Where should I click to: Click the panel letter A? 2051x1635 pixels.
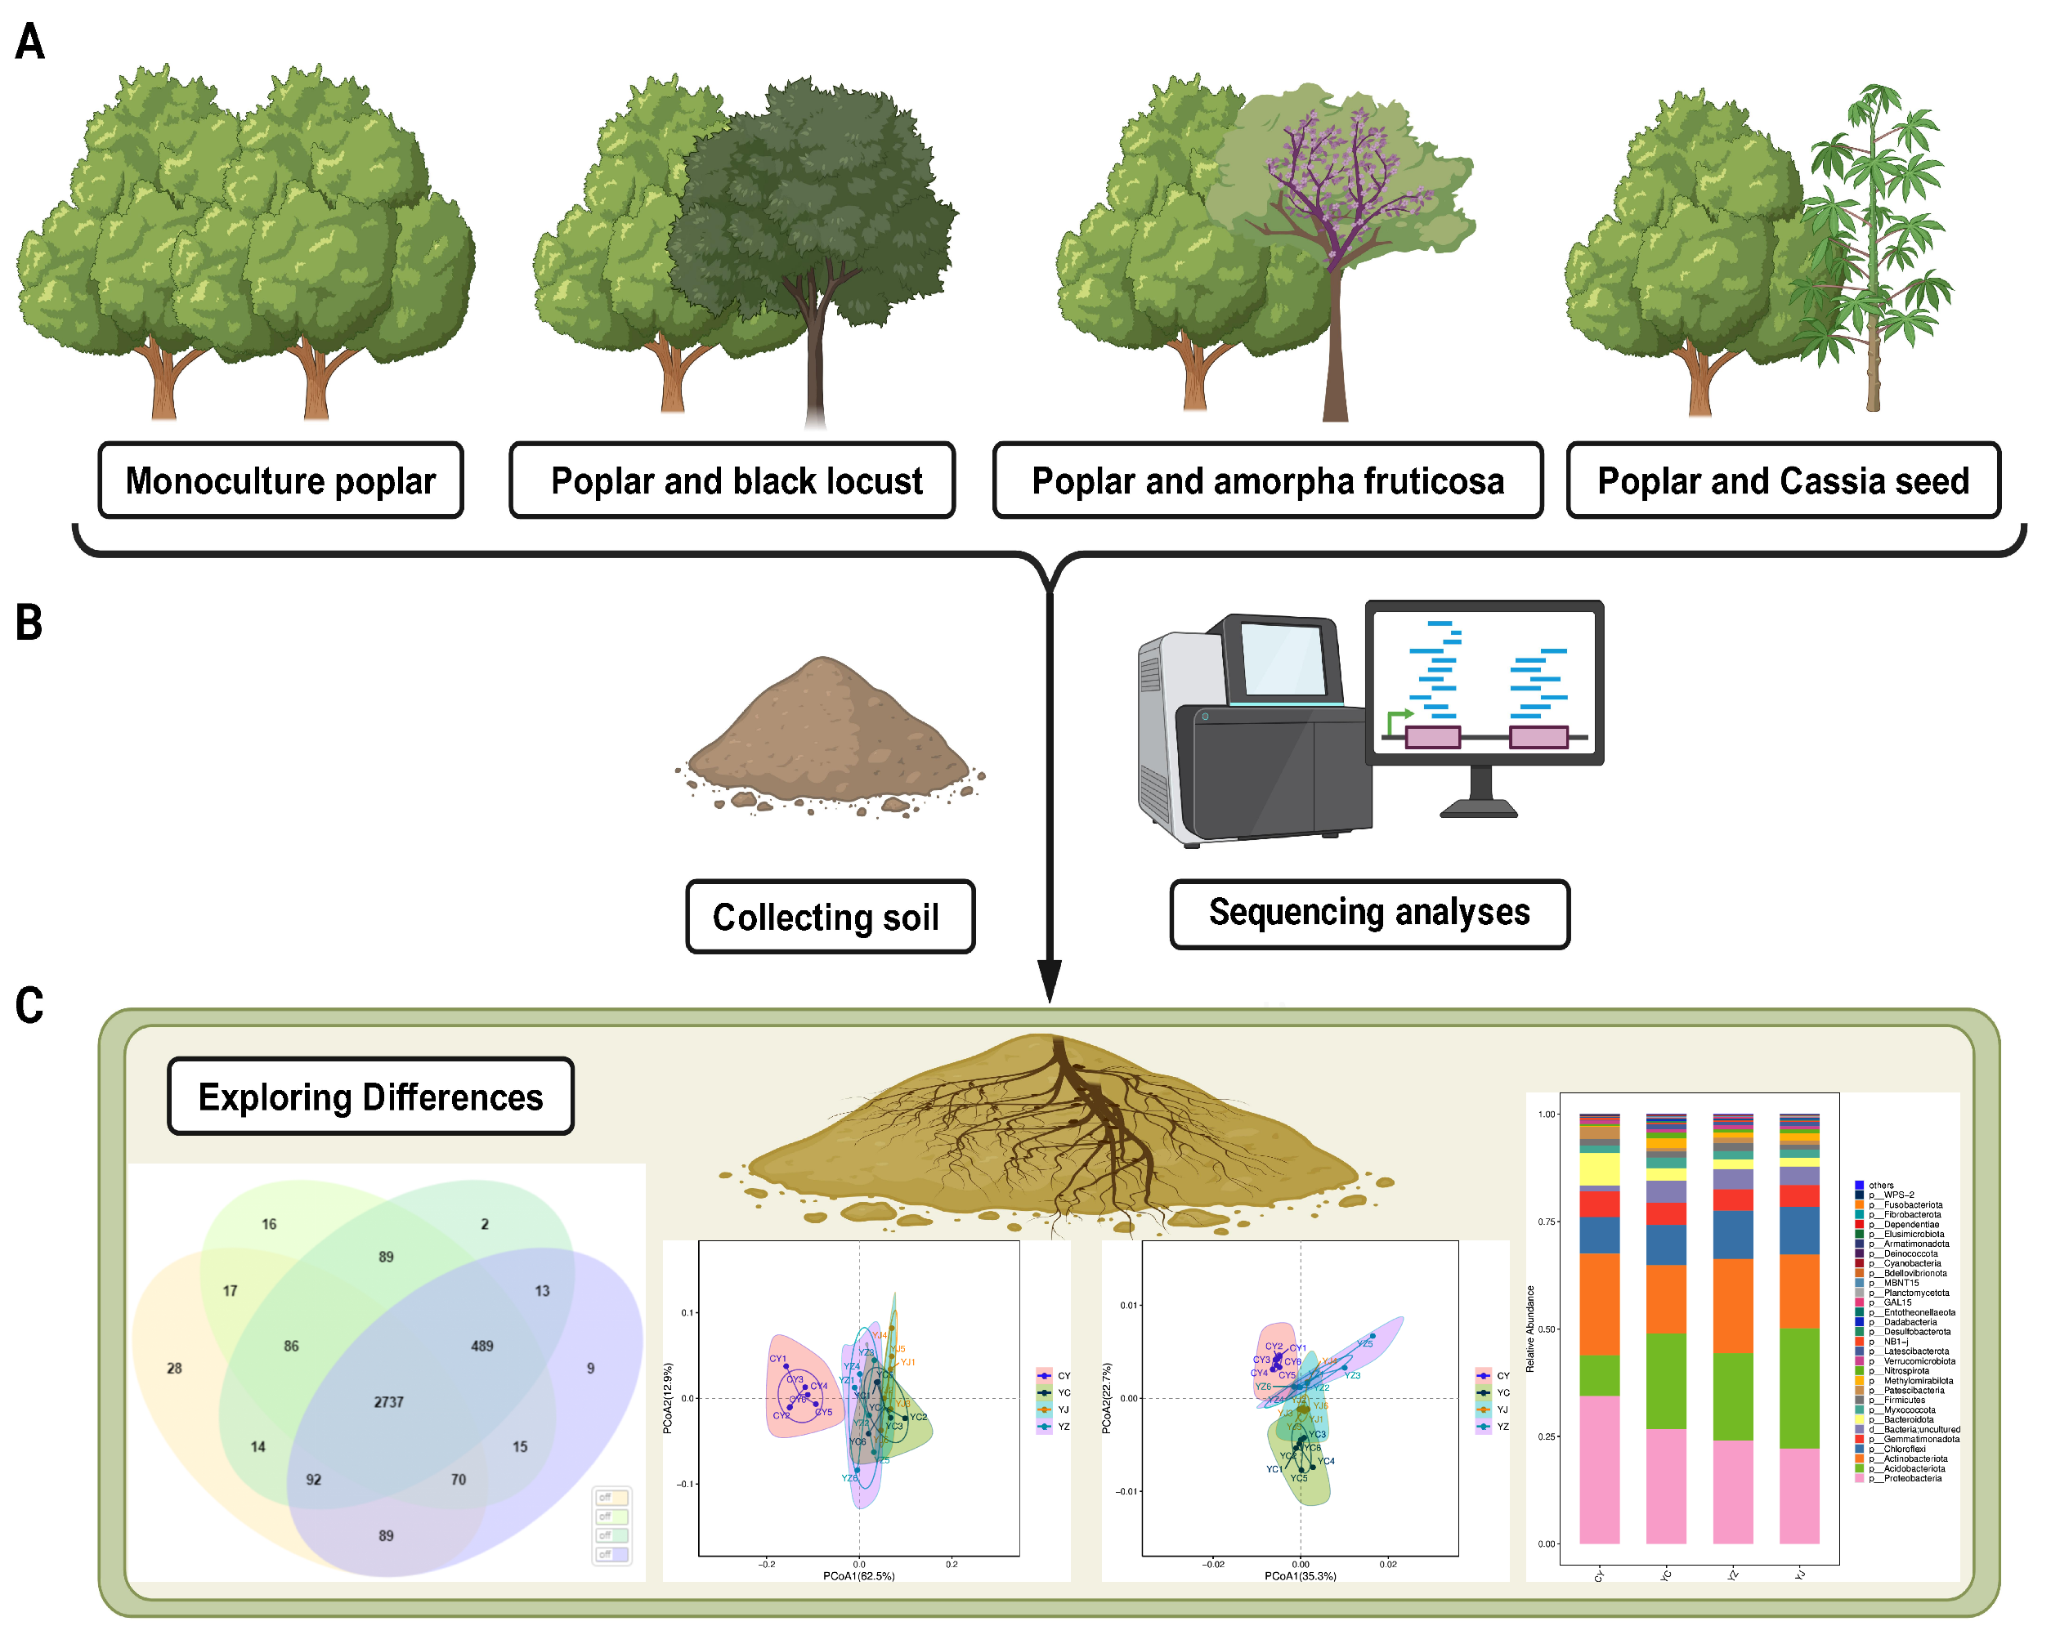(29, 42)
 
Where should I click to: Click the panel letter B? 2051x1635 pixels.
(29, 623)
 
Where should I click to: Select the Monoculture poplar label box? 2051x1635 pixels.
(280, 480)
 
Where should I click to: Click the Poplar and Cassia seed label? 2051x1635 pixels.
(1782, 480)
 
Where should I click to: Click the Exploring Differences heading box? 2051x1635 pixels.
(370, 1097)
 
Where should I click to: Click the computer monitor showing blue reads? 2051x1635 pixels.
(1483, 685)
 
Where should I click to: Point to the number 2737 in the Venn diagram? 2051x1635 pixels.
(388, 1402)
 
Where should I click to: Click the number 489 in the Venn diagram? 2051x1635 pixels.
(481, 1346)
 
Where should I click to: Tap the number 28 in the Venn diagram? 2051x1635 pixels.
(174, 1368)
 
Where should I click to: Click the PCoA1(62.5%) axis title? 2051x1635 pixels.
(858, 1576)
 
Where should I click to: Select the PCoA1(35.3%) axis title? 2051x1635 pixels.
(1300, 1576)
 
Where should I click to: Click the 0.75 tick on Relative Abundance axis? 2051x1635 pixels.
(1547, 1222)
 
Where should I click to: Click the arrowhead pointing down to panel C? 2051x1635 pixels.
(1050, 980)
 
